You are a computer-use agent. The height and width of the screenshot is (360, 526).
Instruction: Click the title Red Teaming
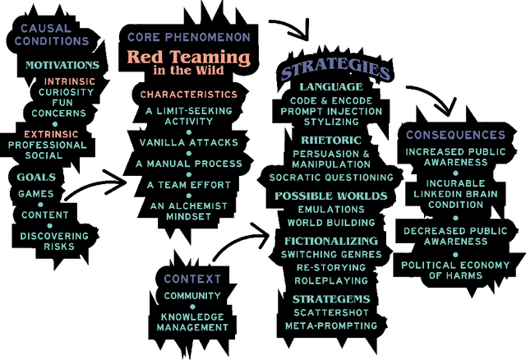point(187,58)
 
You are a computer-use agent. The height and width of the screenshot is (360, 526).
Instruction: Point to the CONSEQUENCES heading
point(455,134)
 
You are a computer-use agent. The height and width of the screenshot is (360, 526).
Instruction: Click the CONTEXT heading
point(193,279)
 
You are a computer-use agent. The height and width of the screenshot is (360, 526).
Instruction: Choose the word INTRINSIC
point(68,81)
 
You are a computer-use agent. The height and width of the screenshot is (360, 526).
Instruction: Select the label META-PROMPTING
point(331,325)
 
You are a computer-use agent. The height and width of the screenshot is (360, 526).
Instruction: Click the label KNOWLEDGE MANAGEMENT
point(193,321)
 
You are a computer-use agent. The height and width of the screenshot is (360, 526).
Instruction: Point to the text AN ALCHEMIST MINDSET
point(187,210)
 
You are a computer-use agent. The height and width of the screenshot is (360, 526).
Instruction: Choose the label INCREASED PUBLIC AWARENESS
point(456,157)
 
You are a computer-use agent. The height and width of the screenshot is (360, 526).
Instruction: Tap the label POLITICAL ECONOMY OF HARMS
point(456,270)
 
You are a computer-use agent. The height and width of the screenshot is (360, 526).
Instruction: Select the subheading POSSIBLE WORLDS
point(330,196)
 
